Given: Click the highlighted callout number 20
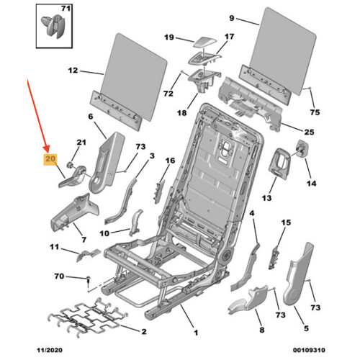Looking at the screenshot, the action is [x=50, y=158].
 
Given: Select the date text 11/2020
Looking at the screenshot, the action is [x=50, y=350].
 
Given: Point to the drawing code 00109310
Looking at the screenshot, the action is [x=309, y=350].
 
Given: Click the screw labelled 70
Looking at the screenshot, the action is [x=89, y=281].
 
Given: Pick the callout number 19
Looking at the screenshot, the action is [x=169, y=37].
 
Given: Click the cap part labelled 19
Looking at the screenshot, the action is [x=205, y=42].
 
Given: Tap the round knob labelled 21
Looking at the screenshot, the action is [x=71, y=164].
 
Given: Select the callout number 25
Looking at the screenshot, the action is [x=309, y=132].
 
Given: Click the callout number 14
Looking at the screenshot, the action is [x=311, y=184].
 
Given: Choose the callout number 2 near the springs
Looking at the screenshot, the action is [x=144, y=331].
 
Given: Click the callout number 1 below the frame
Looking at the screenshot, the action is [x=196, y=333].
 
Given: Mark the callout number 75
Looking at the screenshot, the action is [x=315, y=112].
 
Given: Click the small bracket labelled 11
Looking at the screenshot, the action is [x=88, y=255].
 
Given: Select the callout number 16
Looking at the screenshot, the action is [x=170, y=161].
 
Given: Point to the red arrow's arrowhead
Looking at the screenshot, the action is [x=47, y=149].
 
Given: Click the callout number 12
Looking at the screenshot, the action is [x=73, y=71].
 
